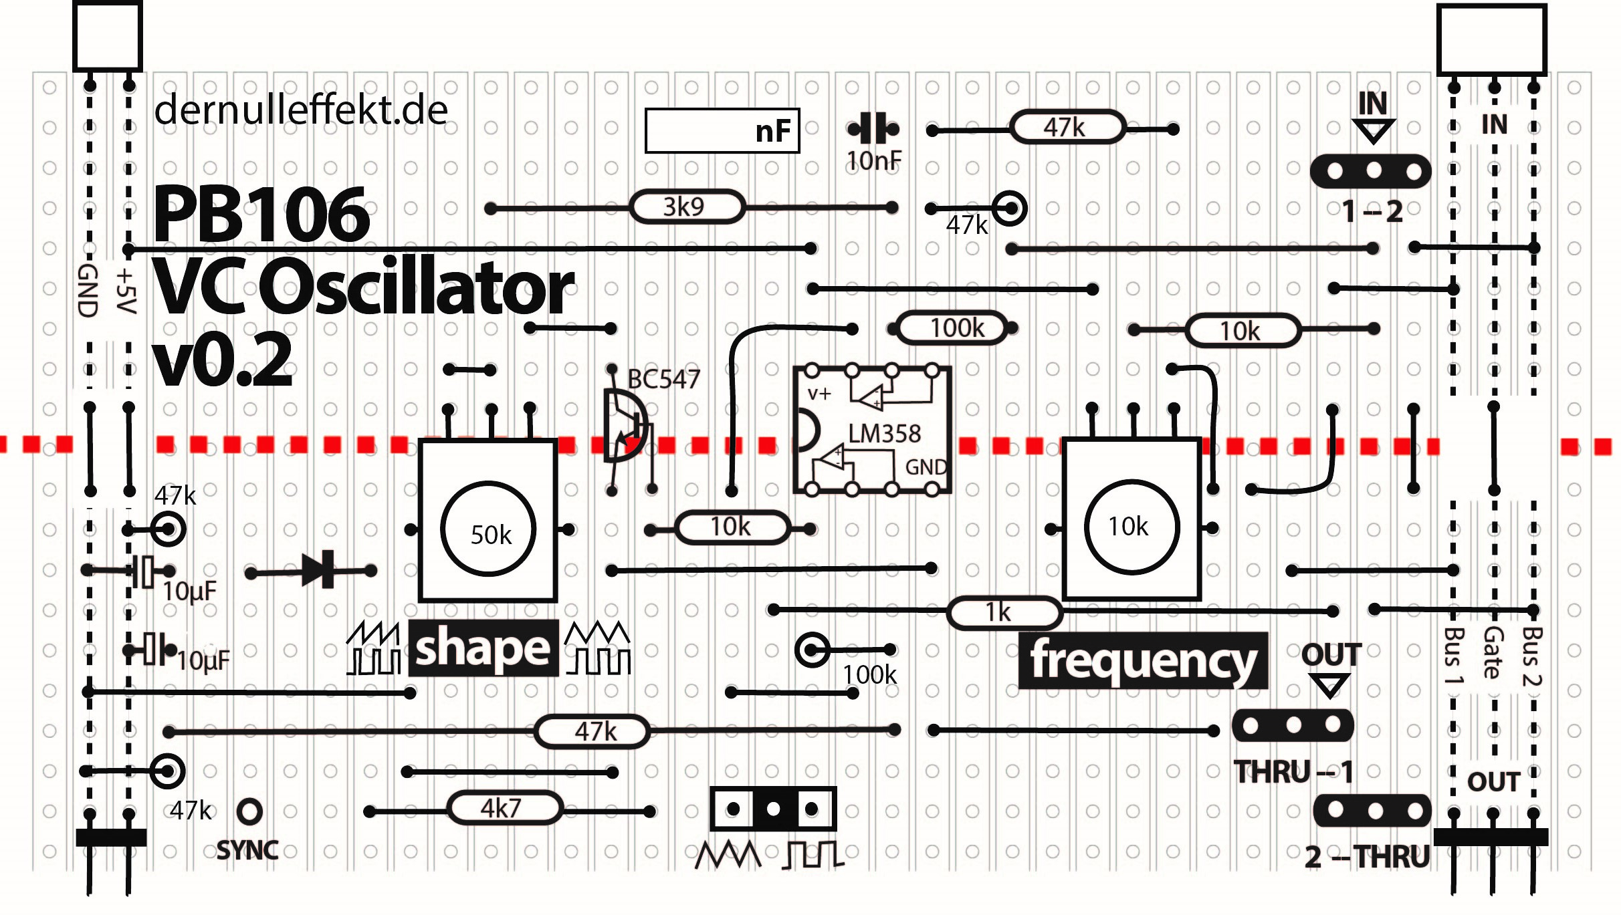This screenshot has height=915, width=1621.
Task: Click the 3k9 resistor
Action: [686, 207]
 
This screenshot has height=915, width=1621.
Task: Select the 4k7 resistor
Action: [504, 809]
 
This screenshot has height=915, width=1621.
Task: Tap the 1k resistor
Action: [1004, 612]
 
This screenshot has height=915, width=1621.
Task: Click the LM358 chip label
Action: [884, 434]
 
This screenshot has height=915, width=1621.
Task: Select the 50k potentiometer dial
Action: [489, 529]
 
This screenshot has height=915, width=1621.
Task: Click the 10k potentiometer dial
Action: [1131, 527]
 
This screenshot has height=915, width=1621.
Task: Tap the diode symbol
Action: [321, 570]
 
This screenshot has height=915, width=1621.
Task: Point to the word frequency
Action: [1143, 660]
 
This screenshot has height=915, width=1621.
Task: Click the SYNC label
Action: [247, 850]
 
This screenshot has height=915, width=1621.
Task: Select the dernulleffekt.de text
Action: [301, 110]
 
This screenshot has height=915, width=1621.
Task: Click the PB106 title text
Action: [261, 214]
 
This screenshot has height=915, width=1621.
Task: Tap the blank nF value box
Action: [722, 131]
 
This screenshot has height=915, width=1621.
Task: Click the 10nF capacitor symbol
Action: [873, 128]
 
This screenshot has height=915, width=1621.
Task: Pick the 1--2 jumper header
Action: [1370, 171]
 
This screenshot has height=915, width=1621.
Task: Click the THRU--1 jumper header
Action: [1292, 725]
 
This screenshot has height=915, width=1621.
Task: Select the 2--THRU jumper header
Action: [1372, 810]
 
